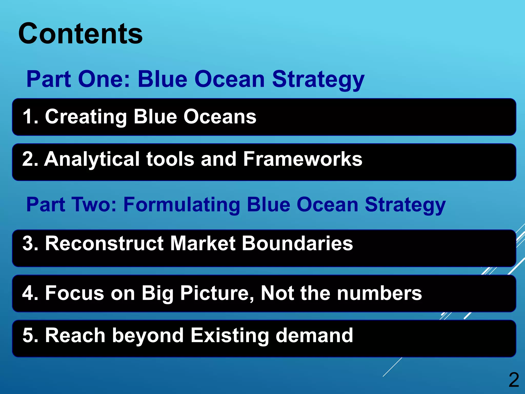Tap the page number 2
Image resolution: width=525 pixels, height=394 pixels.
coord(514,380)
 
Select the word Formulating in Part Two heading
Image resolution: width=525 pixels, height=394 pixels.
coord(182,205)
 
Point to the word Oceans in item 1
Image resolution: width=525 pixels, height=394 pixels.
coord(220,116)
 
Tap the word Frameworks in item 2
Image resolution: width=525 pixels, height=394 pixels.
coord(302,159)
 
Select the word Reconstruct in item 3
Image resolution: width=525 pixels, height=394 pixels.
coord(104,243)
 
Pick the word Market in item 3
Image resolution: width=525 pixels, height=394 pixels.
coord(203,243)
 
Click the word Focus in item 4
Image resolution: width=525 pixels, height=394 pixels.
coord(75,293)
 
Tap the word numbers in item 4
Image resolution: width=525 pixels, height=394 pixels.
coord(379,293)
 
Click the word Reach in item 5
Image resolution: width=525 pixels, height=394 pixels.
coord(75,335)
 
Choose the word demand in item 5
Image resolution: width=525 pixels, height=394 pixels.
coord(314,335)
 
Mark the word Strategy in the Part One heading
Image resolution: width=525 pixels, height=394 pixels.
coord(318,80)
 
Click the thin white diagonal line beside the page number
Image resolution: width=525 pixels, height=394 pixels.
coord(392,367)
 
